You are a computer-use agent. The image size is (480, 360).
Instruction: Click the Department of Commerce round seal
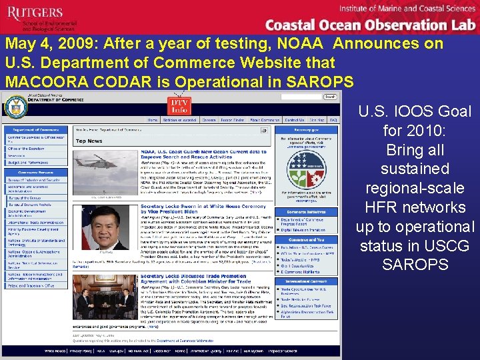tap(12, 107)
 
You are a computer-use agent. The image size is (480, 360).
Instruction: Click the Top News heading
tap(89, 141)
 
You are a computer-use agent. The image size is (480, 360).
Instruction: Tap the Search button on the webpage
tap(329, 97)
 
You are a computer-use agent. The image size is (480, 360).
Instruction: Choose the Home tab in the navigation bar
tap(153, 120)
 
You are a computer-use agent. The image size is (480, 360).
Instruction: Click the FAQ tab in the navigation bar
tap(333, 120)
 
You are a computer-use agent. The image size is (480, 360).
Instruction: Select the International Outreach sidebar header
tap(311, 282)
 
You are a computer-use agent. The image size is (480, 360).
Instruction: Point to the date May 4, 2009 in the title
tap(51, 44)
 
